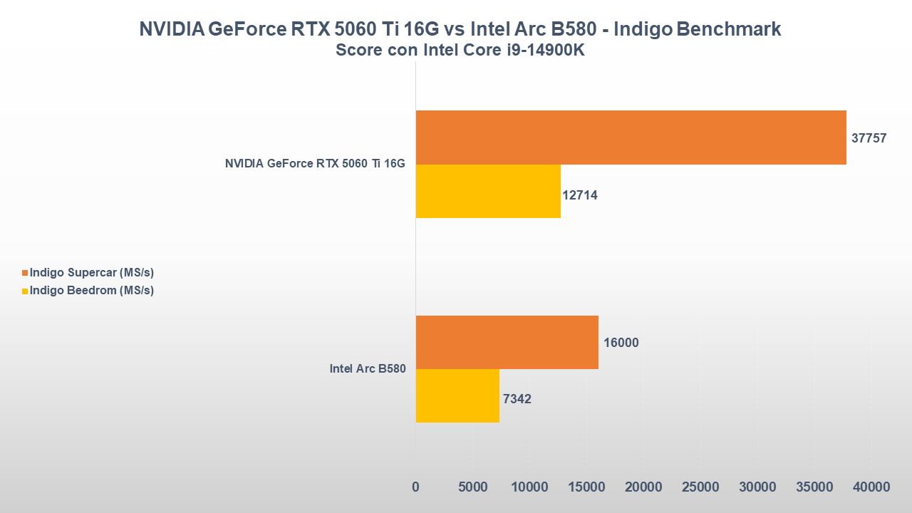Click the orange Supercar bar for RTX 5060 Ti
[x=631, y=138]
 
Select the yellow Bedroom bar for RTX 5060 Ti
[x=488, y=191]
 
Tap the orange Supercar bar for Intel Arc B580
[x=507, y=342]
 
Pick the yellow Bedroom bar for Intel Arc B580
[x=457, y=395]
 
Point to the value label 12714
[x=580, y=195]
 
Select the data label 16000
[x=621, y=343]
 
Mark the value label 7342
[x=517, y=399]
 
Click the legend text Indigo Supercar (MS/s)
[x=92, y=273]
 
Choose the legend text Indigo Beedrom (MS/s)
[x=92, y=291]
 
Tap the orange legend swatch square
[x=25, y=273]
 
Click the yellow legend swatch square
[x=25, y=291]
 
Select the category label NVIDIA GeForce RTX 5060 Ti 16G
[x=315, y=164]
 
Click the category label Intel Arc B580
[x=367, y=369]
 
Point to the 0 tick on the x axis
[x=415, y=487]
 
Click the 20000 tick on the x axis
[x=643, y=487]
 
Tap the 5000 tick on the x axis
[x=472, y=487]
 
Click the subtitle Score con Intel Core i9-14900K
[x=460, y=51]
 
